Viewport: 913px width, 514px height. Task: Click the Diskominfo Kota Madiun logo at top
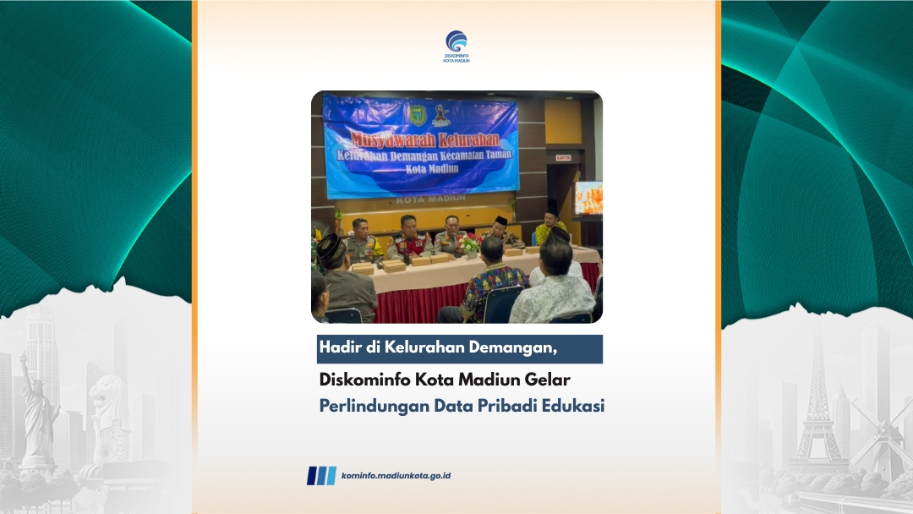pos(456,46)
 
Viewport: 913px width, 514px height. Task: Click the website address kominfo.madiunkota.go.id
pos(396,476)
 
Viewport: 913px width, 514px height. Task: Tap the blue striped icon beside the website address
pos(321,476)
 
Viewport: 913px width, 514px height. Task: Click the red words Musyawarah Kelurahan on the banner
pos(424,139)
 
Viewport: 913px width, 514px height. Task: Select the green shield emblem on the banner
pos(418,115)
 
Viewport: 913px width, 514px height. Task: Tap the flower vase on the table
pos(470,244)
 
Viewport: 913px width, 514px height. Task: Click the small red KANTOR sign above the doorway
pos(562,158)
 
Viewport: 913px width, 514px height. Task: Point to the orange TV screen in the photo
pos(588,199)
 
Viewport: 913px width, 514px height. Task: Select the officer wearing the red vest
pos(409,238)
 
